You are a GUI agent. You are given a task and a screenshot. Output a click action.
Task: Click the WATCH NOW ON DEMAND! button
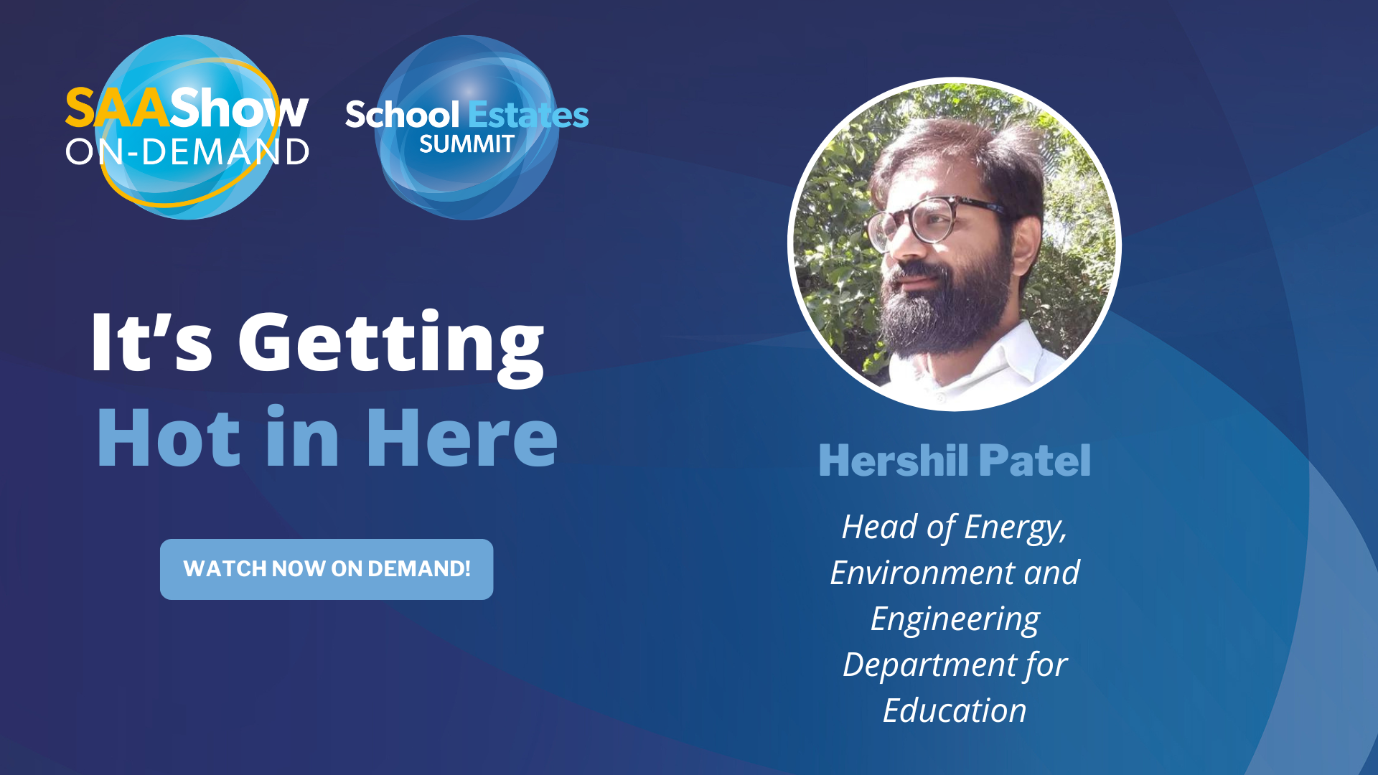[x=327, y=569]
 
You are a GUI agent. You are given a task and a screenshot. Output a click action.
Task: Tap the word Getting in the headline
[x=391, y=347]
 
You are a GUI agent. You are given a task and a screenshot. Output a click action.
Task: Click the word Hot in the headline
[x=169, y=437]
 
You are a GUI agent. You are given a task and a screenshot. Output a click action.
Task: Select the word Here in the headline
[x=462, y=437]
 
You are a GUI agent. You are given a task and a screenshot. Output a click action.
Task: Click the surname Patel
[x=1034, y=460]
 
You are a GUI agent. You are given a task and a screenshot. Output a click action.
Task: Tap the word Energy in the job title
[x=1015, y=528]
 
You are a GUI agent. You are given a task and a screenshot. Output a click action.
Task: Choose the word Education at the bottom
[x=955, y=710]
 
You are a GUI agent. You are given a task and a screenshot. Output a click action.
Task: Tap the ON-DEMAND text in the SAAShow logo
[x=187, y=152]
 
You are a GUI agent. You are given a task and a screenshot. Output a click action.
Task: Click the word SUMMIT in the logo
[x=467, y=144]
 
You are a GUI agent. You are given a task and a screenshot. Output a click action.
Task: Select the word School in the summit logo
[x=403, y=115]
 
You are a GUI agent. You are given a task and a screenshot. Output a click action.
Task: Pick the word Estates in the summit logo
[x=528, y=115]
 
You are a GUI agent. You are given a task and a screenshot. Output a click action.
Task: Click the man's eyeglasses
[x=933, y=218]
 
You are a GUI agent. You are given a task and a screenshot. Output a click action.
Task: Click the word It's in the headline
[x=152, y=342]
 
